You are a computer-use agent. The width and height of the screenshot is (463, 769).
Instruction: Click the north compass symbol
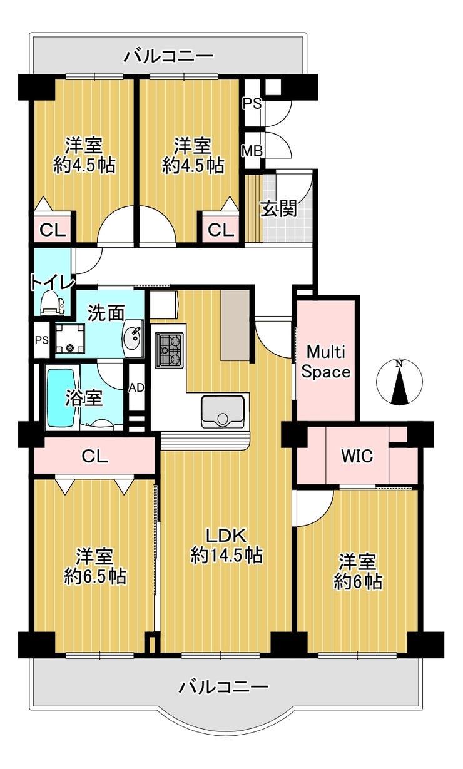point(399,382)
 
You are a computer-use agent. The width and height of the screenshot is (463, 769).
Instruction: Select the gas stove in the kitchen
point(169,349)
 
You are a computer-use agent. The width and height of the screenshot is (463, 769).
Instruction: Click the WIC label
point(357,456)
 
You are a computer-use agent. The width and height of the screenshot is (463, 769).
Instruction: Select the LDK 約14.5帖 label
point(226,545)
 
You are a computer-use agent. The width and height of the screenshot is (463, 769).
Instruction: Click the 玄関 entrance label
point(278,209)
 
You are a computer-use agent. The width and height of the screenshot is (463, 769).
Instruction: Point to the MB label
point(252,151)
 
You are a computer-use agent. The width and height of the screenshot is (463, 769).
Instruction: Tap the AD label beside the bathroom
point(136,387)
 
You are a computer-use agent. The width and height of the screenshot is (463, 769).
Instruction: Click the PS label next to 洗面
point(41,340)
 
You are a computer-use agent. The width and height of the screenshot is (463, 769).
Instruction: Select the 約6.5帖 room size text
point(95,576)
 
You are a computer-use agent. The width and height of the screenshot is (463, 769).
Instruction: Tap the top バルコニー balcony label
point(168,56)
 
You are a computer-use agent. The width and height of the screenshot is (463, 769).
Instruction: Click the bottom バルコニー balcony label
point(224,687)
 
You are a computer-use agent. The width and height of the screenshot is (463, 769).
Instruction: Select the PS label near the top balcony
point(252,103)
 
